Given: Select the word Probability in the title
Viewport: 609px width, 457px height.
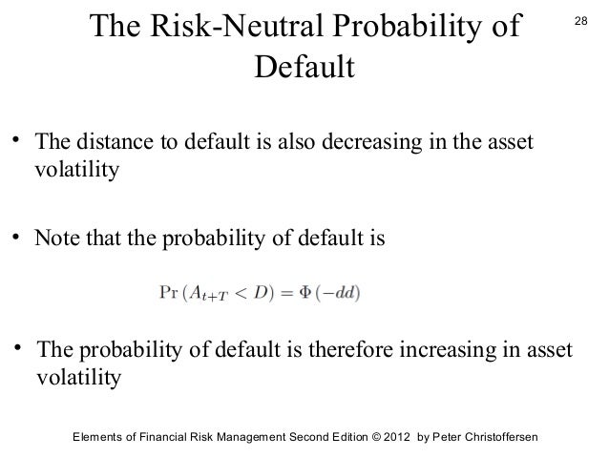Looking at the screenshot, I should [424, 29].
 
